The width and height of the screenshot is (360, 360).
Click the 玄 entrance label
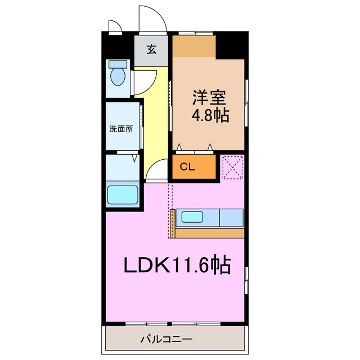(x=151, y=49)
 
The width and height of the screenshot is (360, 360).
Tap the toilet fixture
(x=118, y=76)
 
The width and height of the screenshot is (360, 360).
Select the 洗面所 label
(x=121, y=128)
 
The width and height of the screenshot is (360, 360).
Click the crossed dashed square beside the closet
(x=231, y=166)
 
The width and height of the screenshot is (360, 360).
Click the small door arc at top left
(x=115, y=26)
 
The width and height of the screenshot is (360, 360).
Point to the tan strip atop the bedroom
(x=194, y=47)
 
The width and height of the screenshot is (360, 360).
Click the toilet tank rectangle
(x=118, y=64)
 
